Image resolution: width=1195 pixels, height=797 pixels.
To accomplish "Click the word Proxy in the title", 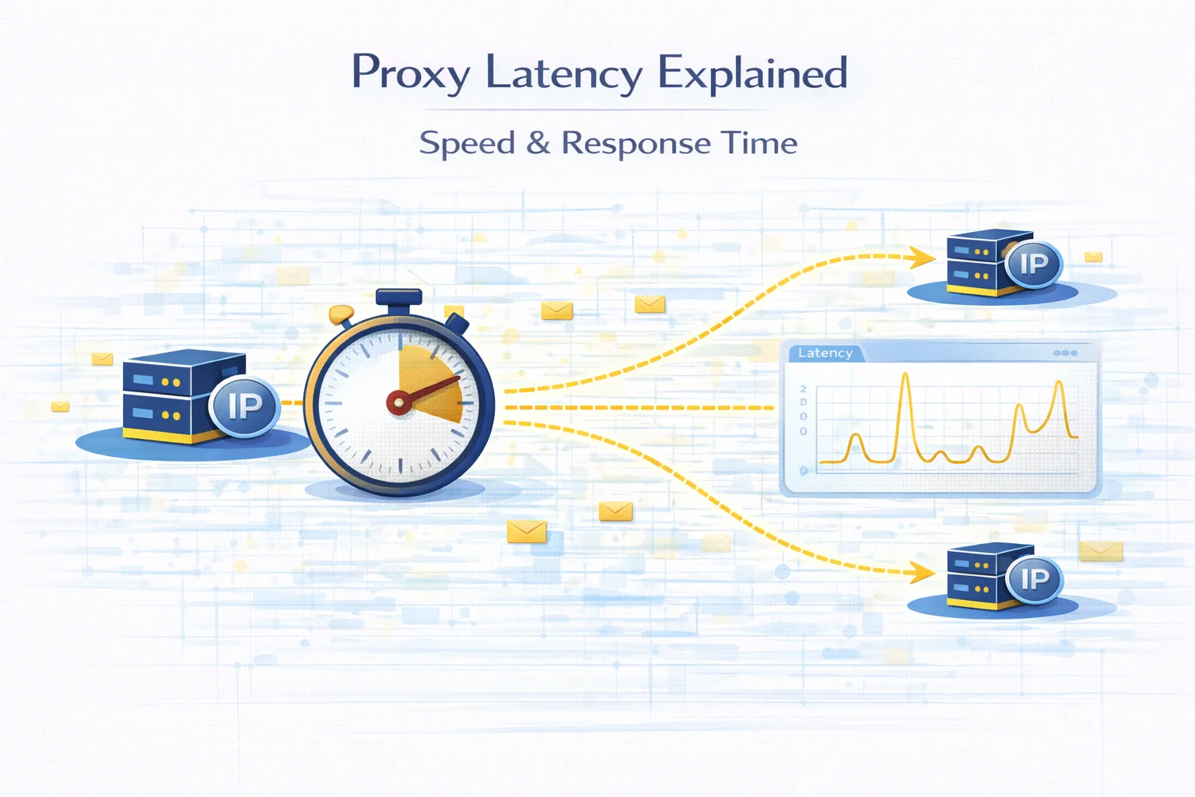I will [410, 73].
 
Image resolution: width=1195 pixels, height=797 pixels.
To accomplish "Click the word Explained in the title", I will [752, 73].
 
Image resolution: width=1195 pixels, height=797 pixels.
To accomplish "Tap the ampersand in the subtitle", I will [538, 142].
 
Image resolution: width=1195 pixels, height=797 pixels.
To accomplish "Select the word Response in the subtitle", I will [636, 144].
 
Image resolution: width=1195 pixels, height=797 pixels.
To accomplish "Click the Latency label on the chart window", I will [825, 353].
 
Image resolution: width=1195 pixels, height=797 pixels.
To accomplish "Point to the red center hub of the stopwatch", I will [398, 402].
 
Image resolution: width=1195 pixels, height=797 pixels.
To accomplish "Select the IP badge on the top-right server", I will [1033, 264].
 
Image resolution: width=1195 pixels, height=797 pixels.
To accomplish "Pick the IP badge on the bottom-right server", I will [1034, 579].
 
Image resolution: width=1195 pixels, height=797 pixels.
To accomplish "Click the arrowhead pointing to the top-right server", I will [923, 257].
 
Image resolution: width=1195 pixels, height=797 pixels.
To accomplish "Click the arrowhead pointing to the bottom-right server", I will [923, 574].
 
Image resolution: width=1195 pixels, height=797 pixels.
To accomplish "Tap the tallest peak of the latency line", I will [906, 376].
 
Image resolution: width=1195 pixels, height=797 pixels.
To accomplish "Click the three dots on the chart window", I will [1065, 353].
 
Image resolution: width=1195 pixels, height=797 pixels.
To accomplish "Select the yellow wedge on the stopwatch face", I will [429, 381].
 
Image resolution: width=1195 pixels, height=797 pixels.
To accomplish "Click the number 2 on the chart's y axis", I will [804, 388].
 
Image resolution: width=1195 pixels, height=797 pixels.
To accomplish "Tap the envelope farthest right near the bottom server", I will [1101, 551].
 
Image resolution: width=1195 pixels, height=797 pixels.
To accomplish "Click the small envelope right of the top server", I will [1093, 256].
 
